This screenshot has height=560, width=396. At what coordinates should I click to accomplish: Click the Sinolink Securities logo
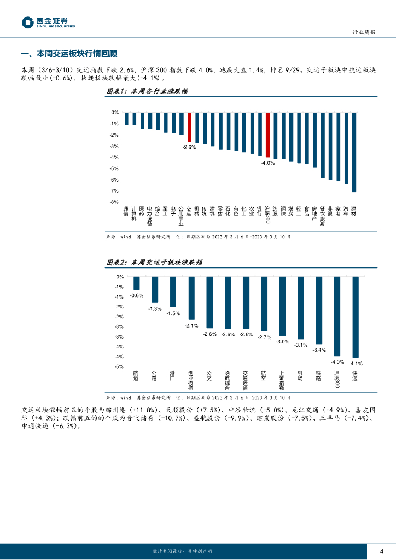click(48, 22)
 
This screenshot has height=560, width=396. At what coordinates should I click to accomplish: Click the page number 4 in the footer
click(382, 551)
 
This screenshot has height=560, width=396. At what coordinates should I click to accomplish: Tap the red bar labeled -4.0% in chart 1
click(268, 135)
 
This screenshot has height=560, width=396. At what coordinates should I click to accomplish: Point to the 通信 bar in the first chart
click(126, 119)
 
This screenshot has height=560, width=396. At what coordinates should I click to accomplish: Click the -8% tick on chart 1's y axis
click(115, 202)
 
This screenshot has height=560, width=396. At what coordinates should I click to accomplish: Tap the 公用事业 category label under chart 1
click(181, 215)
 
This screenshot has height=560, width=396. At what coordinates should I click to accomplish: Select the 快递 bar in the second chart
click(356, 317)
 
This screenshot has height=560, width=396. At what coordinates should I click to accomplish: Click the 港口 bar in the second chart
click(173, 291)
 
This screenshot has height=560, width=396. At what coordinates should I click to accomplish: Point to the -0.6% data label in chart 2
click(137, 295)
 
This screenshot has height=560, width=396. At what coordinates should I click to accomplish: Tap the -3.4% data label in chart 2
click(319, 349)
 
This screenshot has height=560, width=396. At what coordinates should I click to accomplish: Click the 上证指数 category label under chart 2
click(282, 380)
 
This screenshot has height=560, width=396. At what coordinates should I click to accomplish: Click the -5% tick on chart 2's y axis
click(119, 366)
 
